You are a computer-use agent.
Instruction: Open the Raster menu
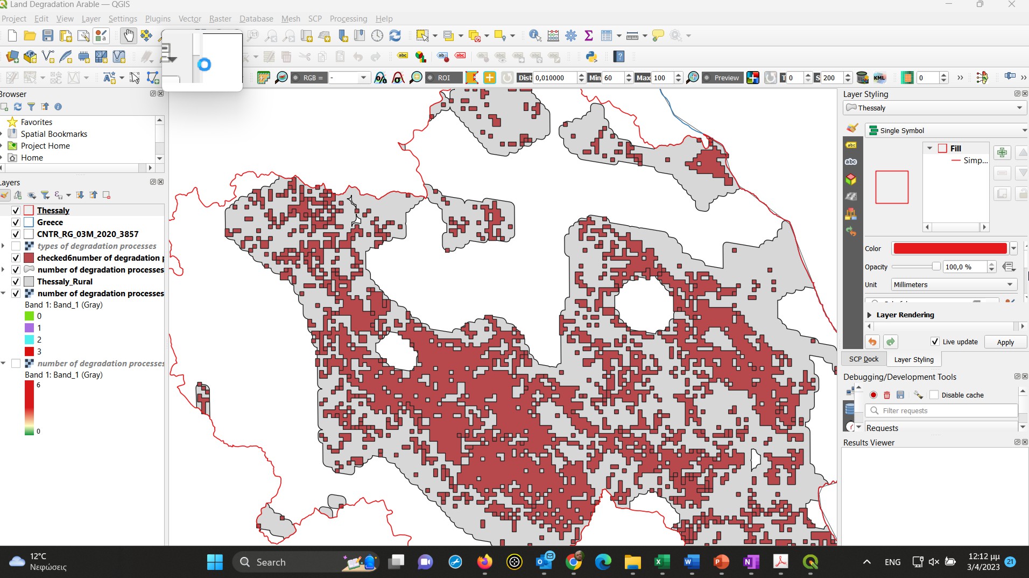220,19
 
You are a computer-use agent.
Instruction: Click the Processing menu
348,19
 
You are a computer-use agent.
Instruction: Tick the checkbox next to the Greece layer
16,222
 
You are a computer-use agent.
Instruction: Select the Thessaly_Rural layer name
65,282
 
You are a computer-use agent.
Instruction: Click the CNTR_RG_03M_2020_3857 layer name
88,234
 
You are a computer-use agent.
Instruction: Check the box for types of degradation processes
16,246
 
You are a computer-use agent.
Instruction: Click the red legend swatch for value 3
30,351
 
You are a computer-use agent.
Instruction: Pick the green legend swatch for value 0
30,316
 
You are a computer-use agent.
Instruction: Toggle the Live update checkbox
935,342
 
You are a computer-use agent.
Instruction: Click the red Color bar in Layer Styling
950,248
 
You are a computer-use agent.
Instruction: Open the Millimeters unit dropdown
953,284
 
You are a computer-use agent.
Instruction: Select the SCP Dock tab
863,359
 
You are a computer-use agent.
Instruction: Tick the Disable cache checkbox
934,395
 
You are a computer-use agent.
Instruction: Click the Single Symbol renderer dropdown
947,130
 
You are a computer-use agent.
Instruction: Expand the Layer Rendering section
870,315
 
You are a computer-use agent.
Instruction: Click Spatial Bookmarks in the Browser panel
54,134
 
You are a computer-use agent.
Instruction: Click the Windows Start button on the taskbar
215,562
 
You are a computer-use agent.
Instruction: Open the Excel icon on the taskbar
661,562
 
